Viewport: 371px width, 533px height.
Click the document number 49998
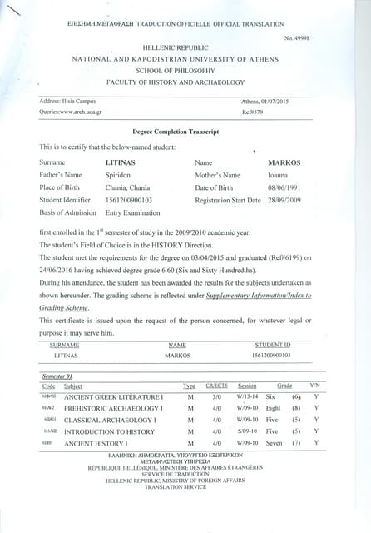tap(304, 39)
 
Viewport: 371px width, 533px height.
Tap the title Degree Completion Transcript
tap(175, 132)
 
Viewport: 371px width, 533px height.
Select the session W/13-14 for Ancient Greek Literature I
tap(247, 396)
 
